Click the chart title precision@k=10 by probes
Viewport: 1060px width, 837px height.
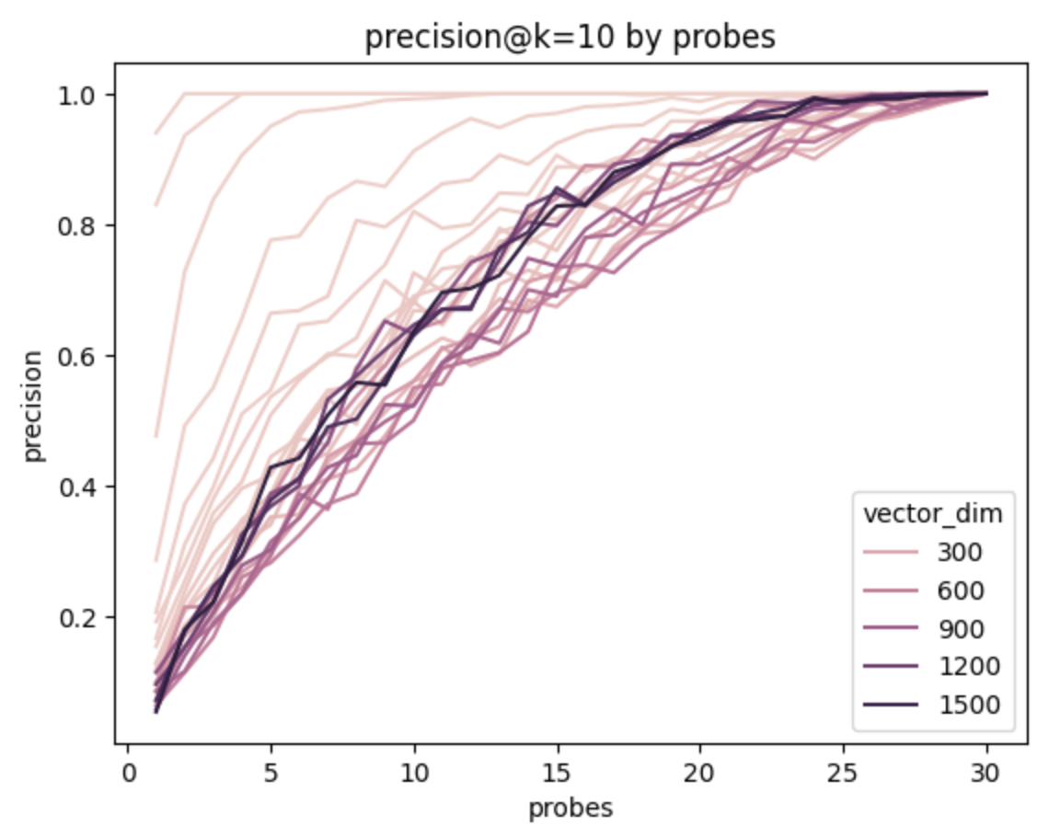click(570, 38)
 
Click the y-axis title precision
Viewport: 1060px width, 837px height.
click(34, 405)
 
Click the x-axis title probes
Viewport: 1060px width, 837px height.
click(570, 808)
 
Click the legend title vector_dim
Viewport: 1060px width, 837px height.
click(932, 516)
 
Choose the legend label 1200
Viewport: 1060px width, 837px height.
click(966, 666)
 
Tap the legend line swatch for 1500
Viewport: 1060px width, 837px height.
click(892, 705)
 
